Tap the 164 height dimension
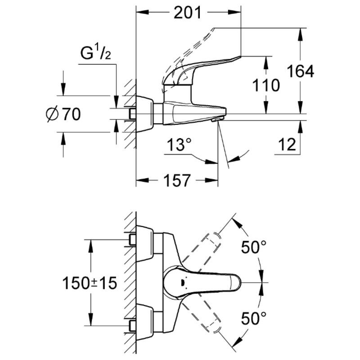(300, 71)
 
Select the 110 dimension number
(266, 85)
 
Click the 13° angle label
(179, 145)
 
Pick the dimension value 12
(288, 144)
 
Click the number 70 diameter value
(71, 115)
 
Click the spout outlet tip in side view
(216, 120)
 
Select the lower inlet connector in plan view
(132, 325)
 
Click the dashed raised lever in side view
(189, 49)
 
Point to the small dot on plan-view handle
(181, 283)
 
